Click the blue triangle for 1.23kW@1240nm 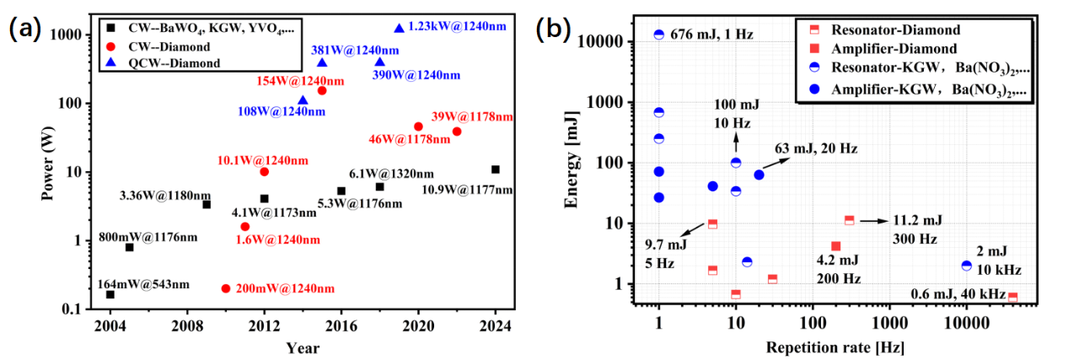(399, 28)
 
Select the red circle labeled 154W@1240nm (322, 90)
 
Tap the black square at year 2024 (496, 169)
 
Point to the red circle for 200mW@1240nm (225, 288)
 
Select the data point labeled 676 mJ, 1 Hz (659, 35)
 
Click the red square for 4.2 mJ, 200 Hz (835, 246)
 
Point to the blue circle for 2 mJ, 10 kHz (966, 266)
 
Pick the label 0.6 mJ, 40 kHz (958, 294)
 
